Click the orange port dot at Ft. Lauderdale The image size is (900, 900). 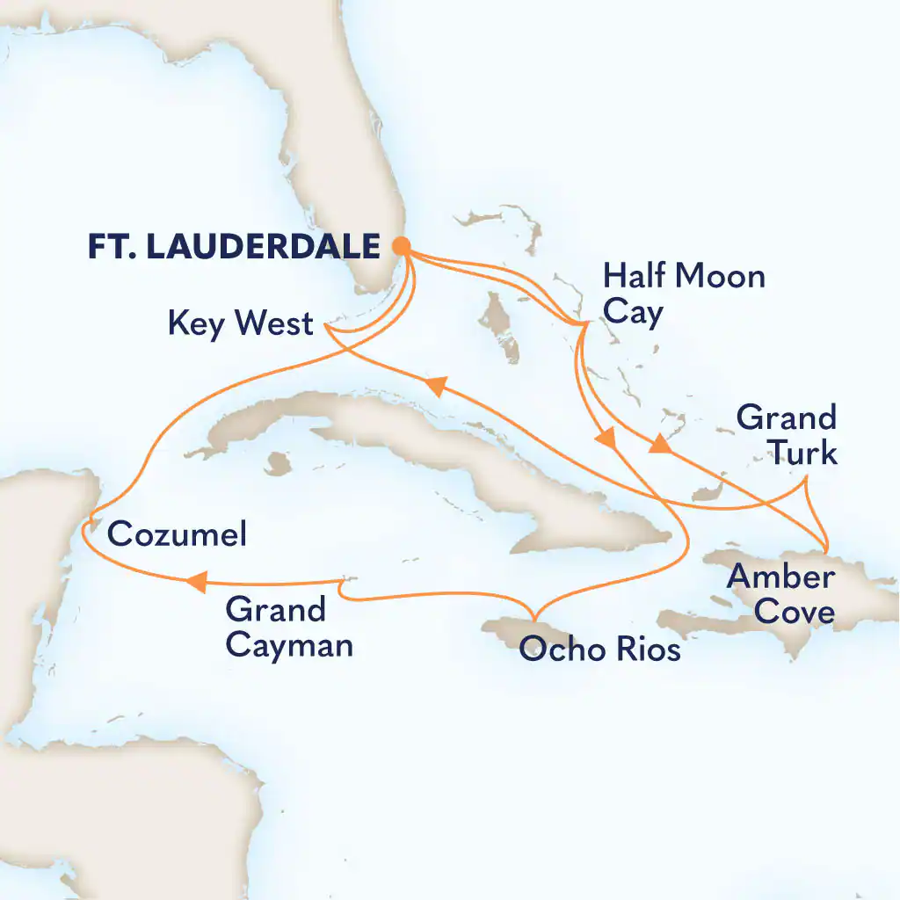(x=400, y=247)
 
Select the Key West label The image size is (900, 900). (x=240, y=323)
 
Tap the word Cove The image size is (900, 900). (x=795, y=612)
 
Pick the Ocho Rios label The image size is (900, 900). (x=599, y=651)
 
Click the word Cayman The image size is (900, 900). (x=289, y=646)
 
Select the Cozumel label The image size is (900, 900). (x=176, y=534)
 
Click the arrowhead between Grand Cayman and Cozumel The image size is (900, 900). (x=197, y=580)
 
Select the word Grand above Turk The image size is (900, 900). (x=786, y=417)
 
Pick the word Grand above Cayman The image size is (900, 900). (x=275, y=609)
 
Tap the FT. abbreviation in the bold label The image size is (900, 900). (x=109, y=247)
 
